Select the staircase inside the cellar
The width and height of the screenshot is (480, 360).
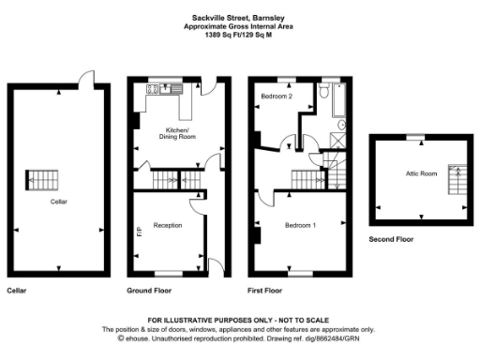41,177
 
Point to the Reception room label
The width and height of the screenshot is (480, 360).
168,225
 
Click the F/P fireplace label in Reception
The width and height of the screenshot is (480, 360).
140,230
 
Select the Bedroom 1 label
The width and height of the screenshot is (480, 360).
301,225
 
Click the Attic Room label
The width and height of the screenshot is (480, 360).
422,173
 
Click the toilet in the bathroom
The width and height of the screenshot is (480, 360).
340,123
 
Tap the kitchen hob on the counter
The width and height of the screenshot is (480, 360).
152,90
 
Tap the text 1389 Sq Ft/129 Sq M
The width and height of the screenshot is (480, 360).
240,35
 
